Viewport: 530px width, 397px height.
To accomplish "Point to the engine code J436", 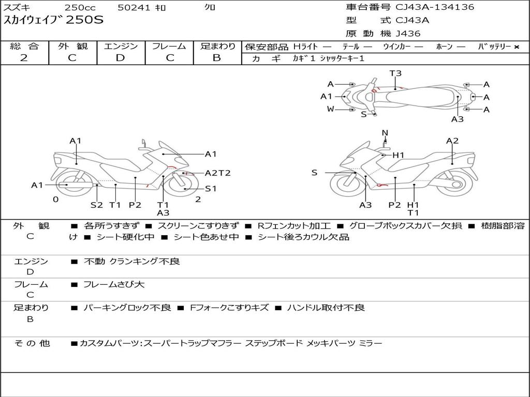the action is point(408,34).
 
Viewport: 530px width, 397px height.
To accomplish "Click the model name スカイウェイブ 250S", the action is point(54,20).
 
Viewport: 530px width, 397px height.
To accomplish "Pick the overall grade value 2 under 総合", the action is point(24,58).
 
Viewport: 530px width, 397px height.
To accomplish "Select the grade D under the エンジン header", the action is point(121,58).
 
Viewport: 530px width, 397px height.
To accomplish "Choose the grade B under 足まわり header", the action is point(217,58).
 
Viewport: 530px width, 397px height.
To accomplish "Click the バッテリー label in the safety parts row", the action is point(494,47).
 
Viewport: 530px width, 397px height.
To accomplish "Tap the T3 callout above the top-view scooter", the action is point(395,73).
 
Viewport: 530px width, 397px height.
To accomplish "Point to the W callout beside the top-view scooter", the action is point(330,109).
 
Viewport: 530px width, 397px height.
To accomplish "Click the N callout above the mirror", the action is point(385,133).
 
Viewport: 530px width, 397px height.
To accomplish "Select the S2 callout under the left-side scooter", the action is point(97,205).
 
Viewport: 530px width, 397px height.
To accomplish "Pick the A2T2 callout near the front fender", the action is point(218,173).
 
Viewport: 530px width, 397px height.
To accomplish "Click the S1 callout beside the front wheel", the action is point(211,189).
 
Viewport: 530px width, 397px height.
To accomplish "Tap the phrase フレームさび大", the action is point(114,284).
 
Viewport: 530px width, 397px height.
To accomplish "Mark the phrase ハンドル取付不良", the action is point(326,308).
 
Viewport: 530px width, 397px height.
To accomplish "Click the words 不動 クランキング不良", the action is point(132,262).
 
